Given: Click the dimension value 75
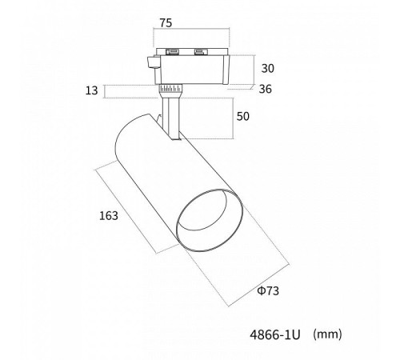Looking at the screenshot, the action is pos(166,23).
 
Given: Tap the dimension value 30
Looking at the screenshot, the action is pos(267,68).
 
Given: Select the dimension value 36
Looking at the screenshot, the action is pos(266,89).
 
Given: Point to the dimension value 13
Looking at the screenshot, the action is pos(91,90).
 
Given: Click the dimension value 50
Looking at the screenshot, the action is pos(243,116).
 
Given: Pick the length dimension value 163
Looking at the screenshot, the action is pos(109,216).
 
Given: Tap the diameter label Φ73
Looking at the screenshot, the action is pos(268,290).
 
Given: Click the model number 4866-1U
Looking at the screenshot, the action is pos(275,334).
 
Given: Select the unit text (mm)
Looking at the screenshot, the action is pos(327,334).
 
